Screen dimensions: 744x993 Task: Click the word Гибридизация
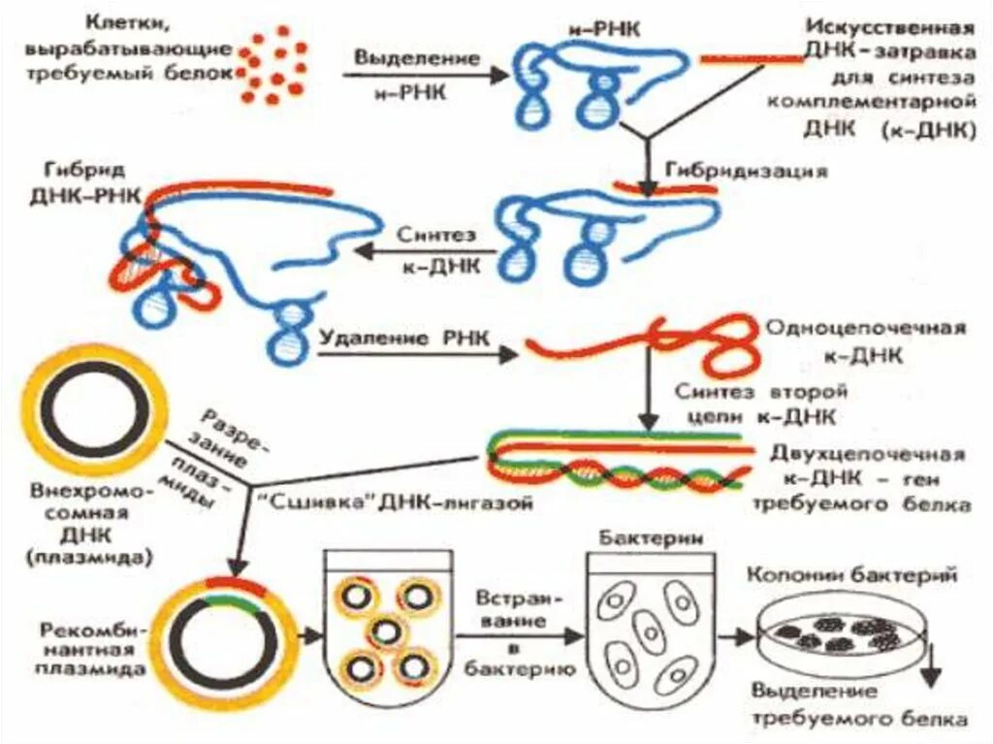[747, 171]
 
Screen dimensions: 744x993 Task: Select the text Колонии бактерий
[852, 574]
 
